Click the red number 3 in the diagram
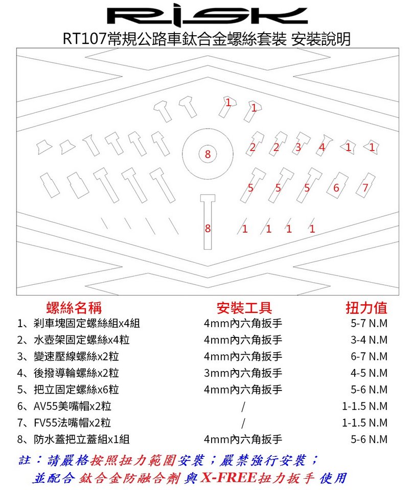298,147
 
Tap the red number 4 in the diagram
322,147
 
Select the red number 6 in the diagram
336,188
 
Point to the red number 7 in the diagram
365,187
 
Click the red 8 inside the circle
208,154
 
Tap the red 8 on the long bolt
208,229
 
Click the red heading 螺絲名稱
74,308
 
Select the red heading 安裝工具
244,308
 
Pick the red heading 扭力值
366,308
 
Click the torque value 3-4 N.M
369,340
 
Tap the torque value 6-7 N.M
369,356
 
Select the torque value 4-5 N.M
369,373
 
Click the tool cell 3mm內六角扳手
243,373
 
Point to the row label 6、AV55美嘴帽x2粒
64,406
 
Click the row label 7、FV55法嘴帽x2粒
64,423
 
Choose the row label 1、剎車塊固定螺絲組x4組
79,323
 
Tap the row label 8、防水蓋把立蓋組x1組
73,439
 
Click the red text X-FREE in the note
229,478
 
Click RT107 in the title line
85,39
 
